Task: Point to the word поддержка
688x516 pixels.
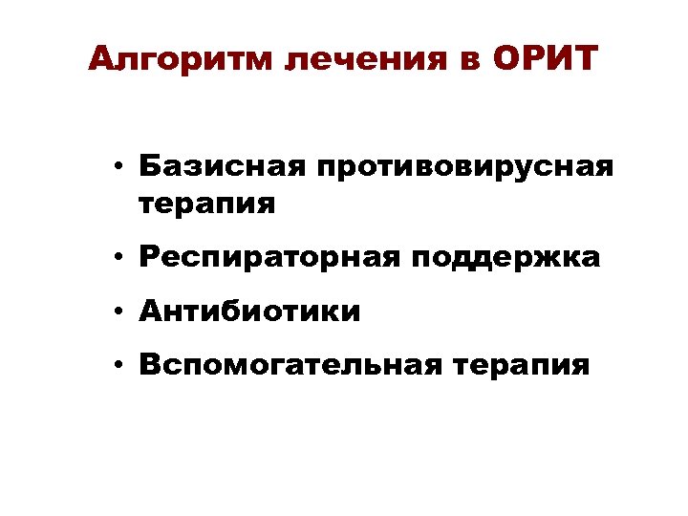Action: point(513,258)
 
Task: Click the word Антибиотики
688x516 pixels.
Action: point(249,312)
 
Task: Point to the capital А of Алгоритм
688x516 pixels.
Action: point(101,59)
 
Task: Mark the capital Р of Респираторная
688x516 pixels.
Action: point(146,258)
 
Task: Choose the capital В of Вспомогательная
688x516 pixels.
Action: point(147,364)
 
